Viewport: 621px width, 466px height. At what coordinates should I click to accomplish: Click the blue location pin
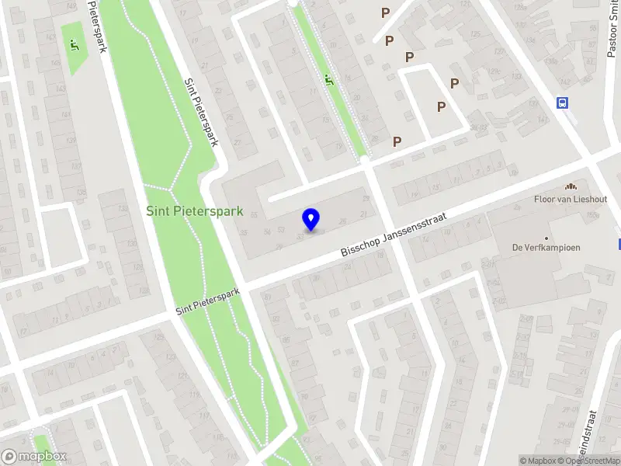click(311, 219)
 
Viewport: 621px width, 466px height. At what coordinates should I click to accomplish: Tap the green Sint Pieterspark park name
click(196, 210)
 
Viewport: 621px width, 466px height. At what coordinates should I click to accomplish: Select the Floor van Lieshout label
click(571, 199)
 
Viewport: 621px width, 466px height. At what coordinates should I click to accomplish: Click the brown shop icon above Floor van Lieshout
click(571, 186)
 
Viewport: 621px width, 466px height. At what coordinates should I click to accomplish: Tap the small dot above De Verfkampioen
click(546, 238)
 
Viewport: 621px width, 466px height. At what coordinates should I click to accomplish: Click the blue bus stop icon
click(562, 103)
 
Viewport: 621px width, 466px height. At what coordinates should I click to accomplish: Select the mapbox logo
click(34, 457)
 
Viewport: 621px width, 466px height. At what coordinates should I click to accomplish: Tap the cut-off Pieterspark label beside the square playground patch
click(95, 27)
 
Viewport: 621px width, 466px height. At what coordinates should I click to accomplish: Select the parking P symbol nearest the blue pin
click(397, 141)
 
